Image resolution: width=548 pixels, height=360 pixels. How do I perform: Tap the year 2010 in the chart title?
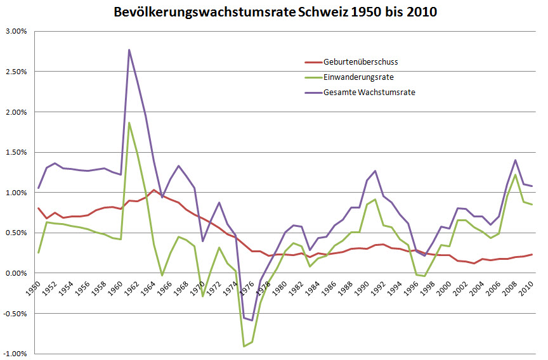[x=421, y=12]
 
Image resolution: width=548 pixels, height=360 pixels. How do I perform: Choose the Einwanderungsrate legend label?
[x=358, y=77]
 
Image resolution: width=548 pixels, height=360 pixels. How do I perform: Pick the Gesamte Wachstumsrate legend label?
[x=369, y=93]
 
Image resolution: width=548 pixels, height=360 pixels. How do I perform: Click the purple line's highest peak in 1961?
[x=129, y=49]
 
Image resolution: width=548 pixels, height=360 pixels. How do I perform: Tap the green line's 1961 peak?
[x=129, y=123]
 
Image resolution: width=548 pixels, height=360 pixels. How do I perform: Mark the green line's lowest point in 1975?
[x=244, y=346]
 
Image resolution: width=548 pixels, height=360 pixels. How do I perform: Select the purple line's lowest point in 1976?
[x=252, y=320]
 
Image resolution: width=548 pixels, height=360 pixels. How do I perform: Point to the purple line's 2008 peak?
[x=516, y=160]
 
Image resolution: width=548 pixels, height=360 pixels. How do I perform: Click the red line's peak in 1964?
[x=153, y=190]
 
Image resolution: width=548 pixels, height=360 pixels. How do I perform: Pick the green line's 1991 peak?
[x=375, y=199]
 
